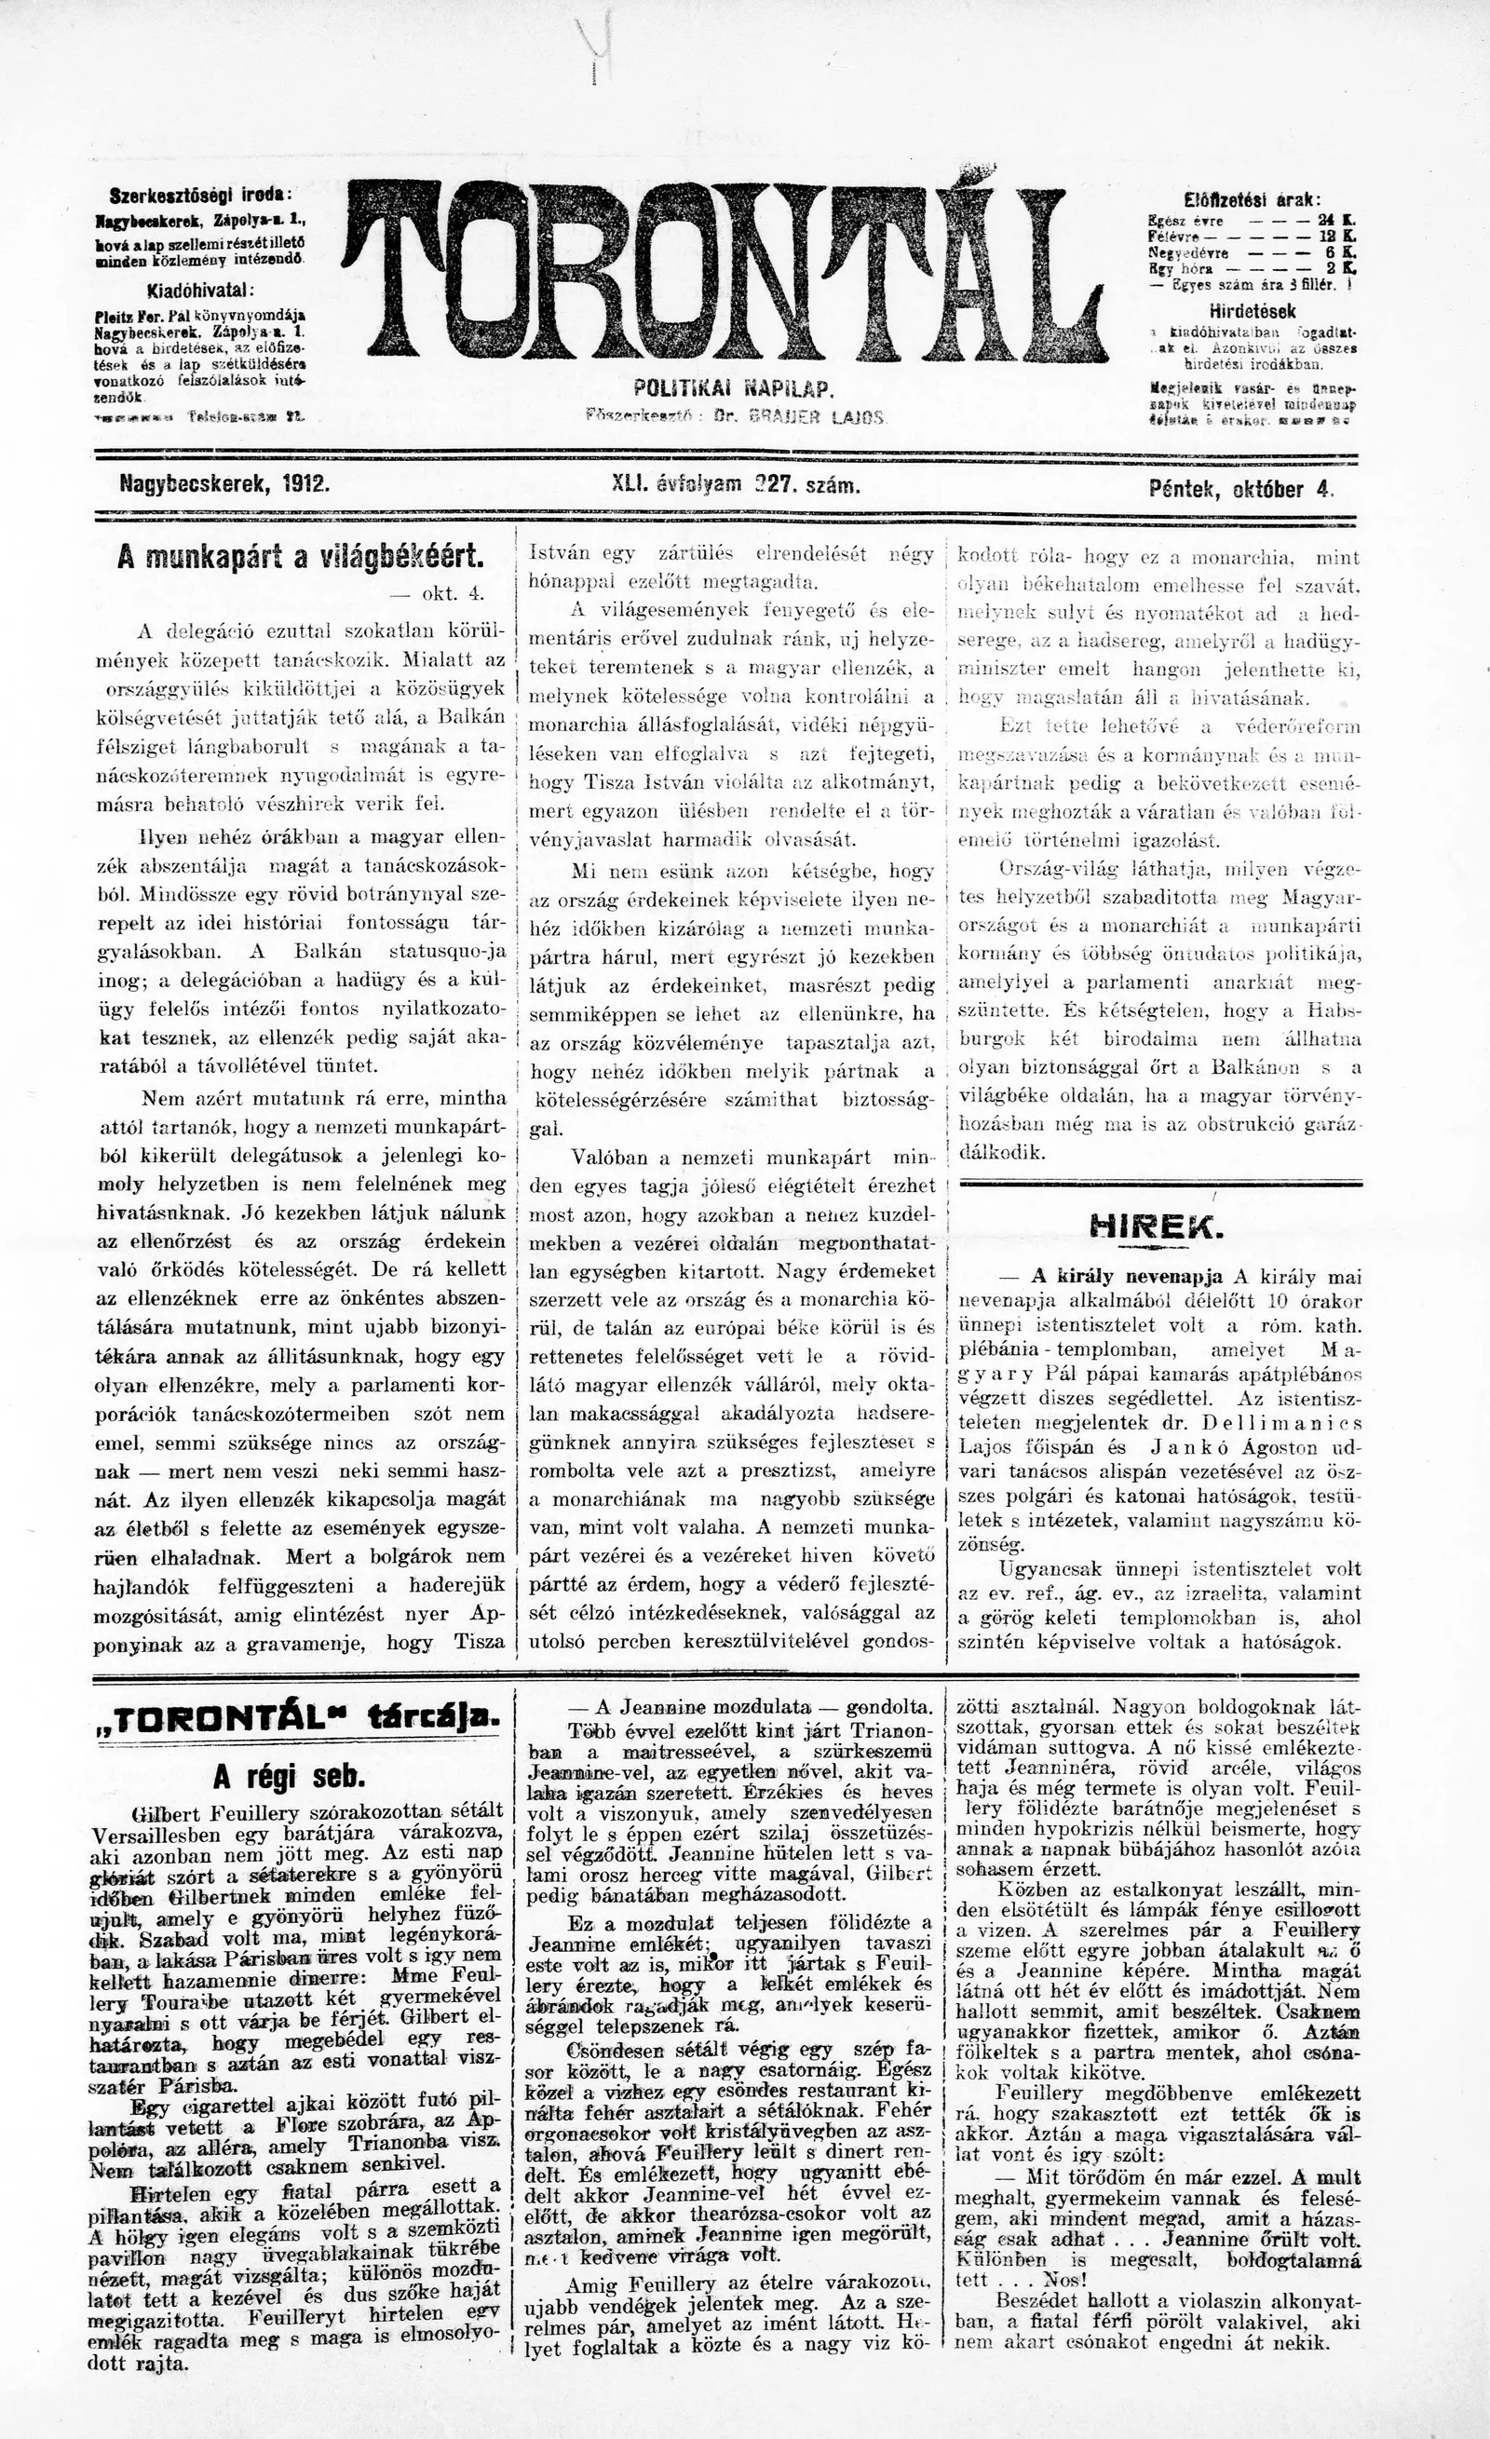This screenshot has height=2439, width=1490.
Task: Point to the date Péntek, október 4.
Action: tap(1240, 487)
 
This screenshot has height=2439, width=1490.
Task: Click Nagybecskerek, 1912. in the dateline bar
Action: tap(223, 486)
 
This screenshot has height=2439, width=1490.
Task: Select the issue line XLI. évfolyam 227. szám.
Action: tap(738, 486)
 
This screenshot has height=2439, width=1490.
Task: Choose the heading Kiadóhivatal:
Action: tap(201, 291)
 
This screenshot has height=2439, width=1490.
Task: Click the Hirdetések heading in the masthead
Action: tap(1252, 311)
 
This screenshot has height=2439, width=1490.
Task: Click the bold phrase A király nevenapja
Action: tap(1127, 1276)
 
